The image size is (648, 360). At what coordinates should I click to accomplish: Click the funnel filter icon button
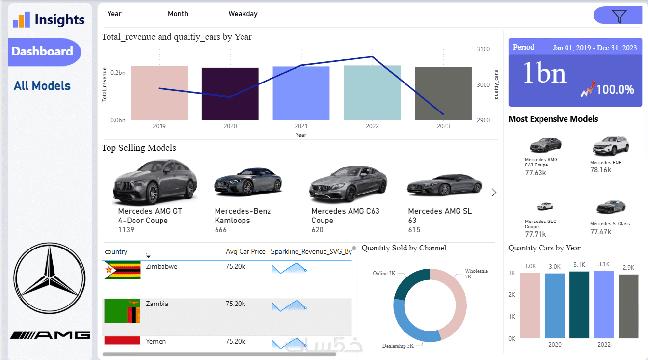[x=619, y=16]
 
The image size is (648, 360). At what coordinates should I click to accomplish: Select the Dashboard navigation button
[x=43, y=52]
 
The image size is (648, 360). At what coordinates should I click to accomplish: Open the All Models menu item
[x=42, y=86]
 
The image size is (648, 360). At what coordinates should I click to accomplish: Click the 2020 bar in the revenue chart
[x=230, y=94]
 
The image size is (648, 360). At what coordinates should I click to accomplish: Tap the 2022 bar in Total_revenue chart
[x=372, y=93]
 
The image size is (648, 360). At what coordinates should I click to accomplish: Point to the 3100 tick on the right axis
[x=483, y=49]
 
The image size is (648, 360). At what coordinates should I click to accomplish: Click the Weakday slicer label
[x=243, y=14]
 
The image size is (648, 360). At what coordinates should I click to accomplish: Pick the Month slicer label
[x=178, y=14]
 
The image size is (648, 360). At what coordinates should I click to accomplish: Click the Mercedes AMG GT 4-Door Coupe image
[x=155, y=181]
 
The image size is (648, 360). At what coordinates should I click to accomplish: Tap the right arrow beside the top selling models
[x=494, y=192]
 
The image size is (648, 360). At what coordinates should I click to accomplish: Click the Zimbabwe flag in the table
[x=122, y=270]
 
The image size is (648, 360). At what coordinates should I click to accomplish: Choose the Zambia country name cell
[x=157, y=304]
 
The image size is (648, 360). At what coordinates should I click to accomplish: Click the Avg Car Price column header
[x=245, y=252]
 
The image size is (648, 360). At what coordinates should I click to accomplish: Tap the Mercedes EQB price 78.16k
[x=600, y=170]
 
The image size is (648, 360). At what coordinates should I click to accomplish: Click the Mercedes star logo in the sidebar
[x=46, y=278]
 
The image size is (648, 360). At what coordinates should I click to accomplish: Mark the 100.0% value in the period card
[x=615, y=90]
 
